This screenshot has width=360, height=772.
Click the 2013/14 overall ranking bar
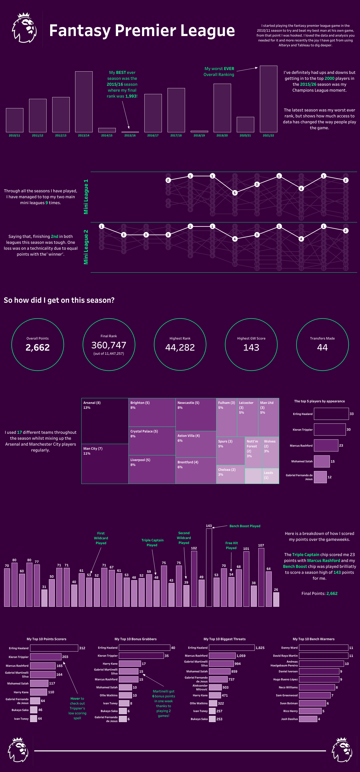(84, 102)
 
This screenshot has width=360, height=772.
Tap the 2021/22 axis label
(268, 135)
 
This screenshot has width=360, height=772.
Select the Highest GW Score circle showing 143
(251, 344)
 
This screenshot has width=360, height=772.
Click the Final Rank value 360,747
(109, 345)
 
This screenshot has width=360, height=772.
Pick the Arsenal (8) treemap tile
(105, 421)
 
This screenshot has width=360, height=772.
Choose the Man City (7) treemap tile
(105, 463)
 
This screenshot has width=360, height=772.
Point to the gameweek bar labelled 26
(276, 599)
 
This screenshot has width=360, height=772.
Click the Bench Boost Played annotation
(245, 526)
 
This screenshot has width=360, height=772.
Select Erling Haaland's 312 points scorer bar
(54, 648)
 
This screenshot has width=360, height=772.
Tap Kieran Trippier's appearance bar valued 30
(329, 429)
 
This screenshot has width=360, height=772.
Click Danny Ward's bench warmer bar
(323, 648)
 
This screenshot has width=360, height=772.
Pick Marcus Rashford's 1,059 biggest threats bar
(222, 656)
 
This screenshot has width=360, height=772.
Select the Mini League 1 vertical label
(86, 197)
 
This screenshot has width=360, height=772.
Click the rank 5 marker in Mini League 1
(235, 193)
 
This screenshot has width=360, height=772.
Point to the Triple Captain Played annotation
(152, 542)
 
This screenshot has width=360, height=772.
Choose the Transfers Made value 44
(322, 347)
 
